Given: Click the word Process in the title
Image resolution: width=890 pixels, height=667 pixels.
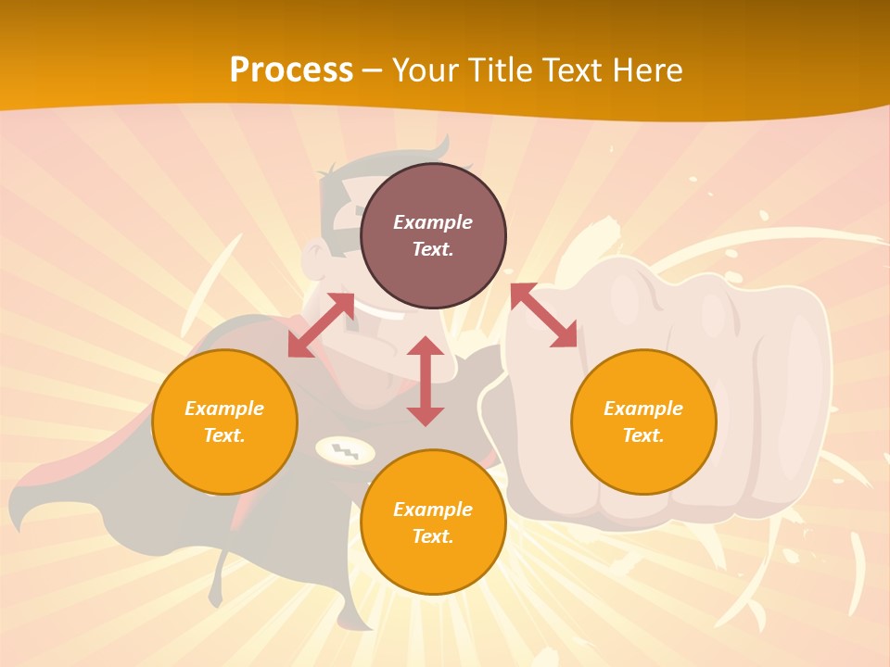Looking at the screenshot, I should tap(291, 70).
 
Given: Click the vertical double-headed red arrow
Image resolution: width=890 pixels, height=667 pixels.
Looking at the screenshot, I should tap(426, 381).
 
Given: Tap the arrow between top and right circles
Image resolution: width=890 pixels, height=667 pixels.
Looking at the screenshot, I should tap(543, 315).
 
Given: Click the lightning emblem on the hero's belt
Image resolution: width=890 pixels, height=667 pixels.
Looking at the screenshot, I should tap(345, 451).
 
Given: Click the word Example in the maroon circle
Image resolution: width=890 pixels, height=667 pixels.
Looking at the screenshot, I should tap(433, 222).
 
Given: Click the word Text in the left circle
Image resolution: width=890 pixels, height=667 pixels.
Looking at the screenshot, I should tap(224, 435).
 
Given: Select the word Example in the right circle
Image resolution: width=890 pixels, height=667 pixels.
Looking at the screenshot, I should tap(643, 409).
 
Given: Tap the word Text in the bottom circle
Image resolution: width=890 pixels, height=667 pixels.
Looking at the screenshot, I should tap(432, 536).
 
